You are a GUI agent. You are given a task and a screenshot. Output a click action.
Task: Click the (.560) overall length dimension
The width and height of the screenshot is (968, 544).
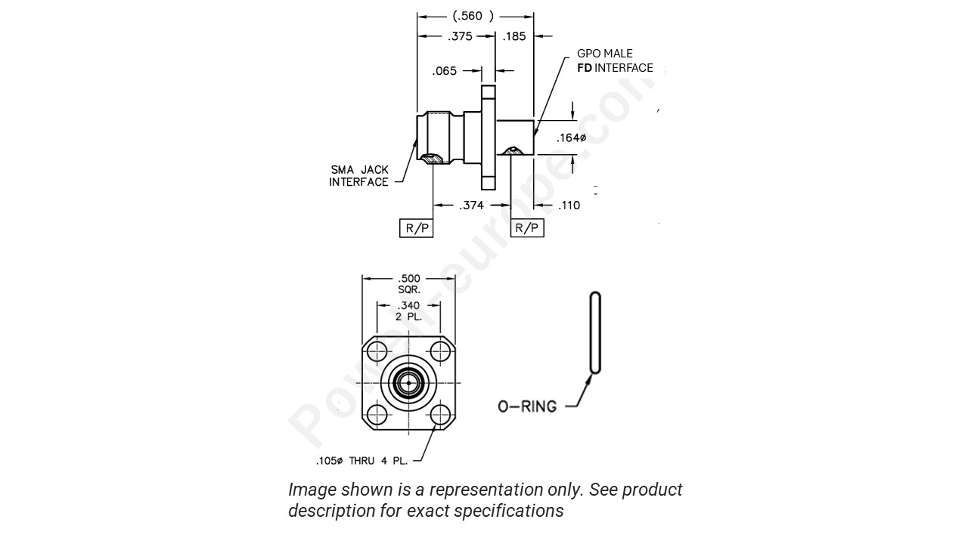click(x=473, y=16)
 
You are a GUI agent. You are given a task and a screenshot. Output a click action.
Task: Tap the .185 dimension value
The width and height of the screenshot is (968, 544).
click(x=514, y=36)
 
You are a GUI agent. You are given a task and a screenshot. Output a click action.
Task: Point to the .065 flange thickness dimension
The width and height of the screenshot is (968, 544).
click(x=444, y=71)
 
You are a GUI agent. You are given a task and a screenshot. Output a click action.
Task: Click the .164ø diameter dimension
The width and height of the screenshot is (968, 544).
click(x=571, y=138)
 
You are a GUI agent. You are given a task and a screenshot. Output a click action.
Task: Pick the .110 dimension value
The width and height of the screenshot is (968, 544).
click(x=569, y=205)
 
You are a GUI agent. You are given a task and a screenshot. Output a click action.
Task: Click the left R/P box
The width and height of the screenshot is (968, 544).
click(x=416, y=227)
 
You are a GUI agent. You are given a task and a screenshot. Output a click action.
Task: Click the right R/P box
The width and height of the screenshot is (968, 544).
click(x=527, y=227)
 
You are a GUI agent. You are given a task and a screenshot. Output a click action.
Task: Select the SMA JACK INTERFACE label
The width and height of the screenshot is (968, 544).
click(x=359, y=176)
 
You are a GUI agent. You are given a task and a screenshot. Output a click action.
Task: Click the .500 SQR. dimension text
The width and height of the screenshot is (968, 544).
click(x=409, y=283)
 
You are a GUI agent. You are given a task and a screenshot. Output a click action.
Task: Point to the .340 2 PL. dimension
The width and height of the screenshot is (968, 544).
click(x=409, y=311)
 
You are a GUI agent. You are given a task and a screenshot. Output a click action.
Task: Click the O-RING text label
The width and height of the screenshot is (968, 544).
click(x=527, y=406)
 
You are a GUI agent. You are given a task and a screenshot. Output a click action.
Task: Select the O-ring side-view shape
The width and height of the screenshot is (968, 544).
click(x=595, y=332)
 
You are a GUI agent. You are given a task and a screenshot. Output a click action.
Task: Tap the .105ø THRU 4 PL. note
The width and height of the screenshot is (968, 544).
click(x=361, y=461)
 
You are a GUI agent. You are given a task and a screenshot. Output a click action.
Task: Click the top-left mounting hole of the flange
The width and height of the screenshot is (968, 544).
click(x=376, y=351)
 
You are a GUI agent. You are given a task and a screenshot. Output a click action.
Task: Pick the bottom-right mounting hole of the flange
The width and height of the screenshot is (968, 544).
click(x=441, y=415)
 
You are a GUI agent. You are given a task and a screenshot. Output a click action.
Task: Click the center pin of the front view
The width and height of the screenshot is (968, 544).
click(x=408, y=383)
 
